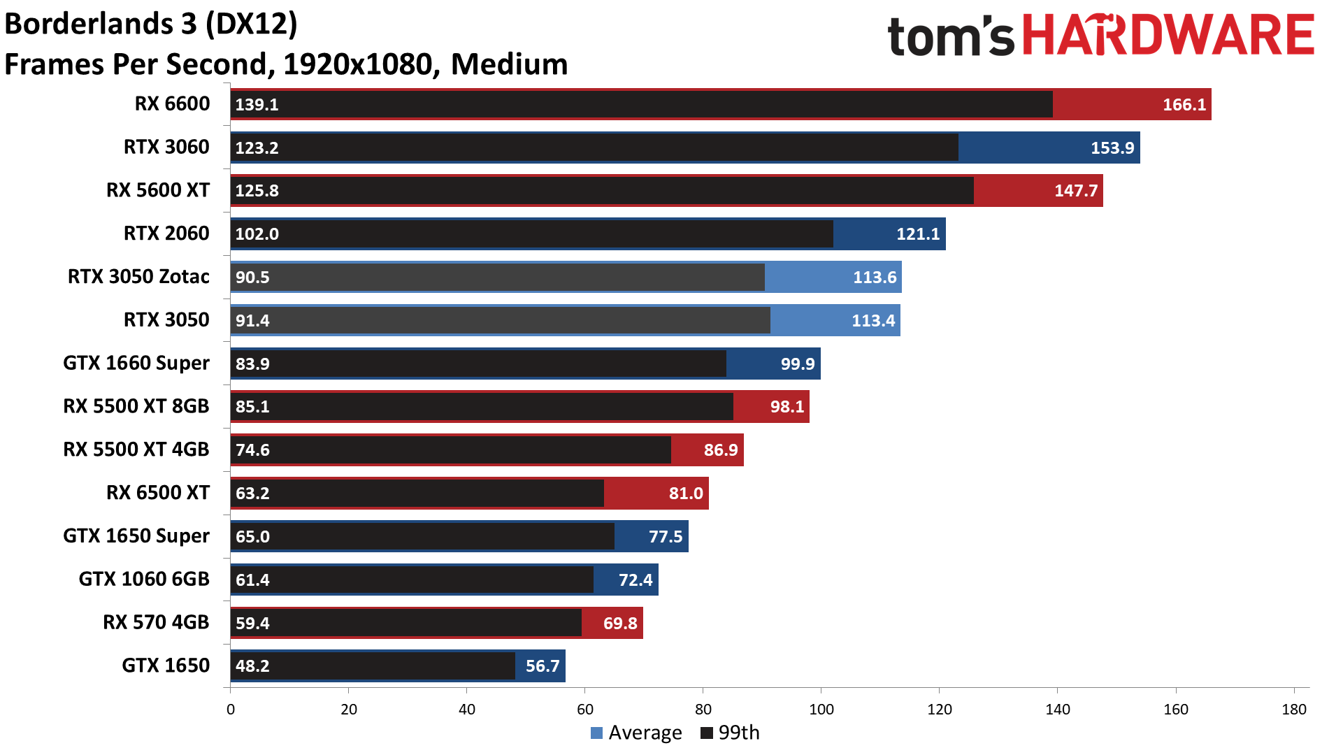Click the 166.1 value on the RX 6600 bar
(1184, 105)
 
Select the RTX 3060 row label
(166, 148)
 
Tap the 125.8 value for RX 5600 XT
(257, 191)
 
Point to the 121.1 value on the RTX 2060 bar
(918, 234)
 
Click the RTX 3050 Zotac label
(138, 277)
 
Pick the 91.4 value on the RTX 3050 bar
(252, 321)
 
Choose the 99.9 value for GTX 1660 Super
(797, 364)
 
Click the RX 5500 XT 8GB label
(136, 406)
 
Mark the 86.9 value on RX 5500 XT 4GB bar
(720, 450)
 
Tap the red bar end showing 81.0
(685, 494)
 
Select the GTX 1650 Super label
(136, 536)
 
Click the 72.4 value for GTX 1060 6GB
(635, 580)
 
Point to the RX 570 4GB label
(156, 622)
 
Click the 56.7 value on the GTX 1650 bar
(542, 666)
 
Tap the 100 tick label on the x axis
(821, 710)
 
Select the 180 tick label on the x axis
(1293, 710)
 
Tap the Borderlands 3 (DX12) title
(151, 24)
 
